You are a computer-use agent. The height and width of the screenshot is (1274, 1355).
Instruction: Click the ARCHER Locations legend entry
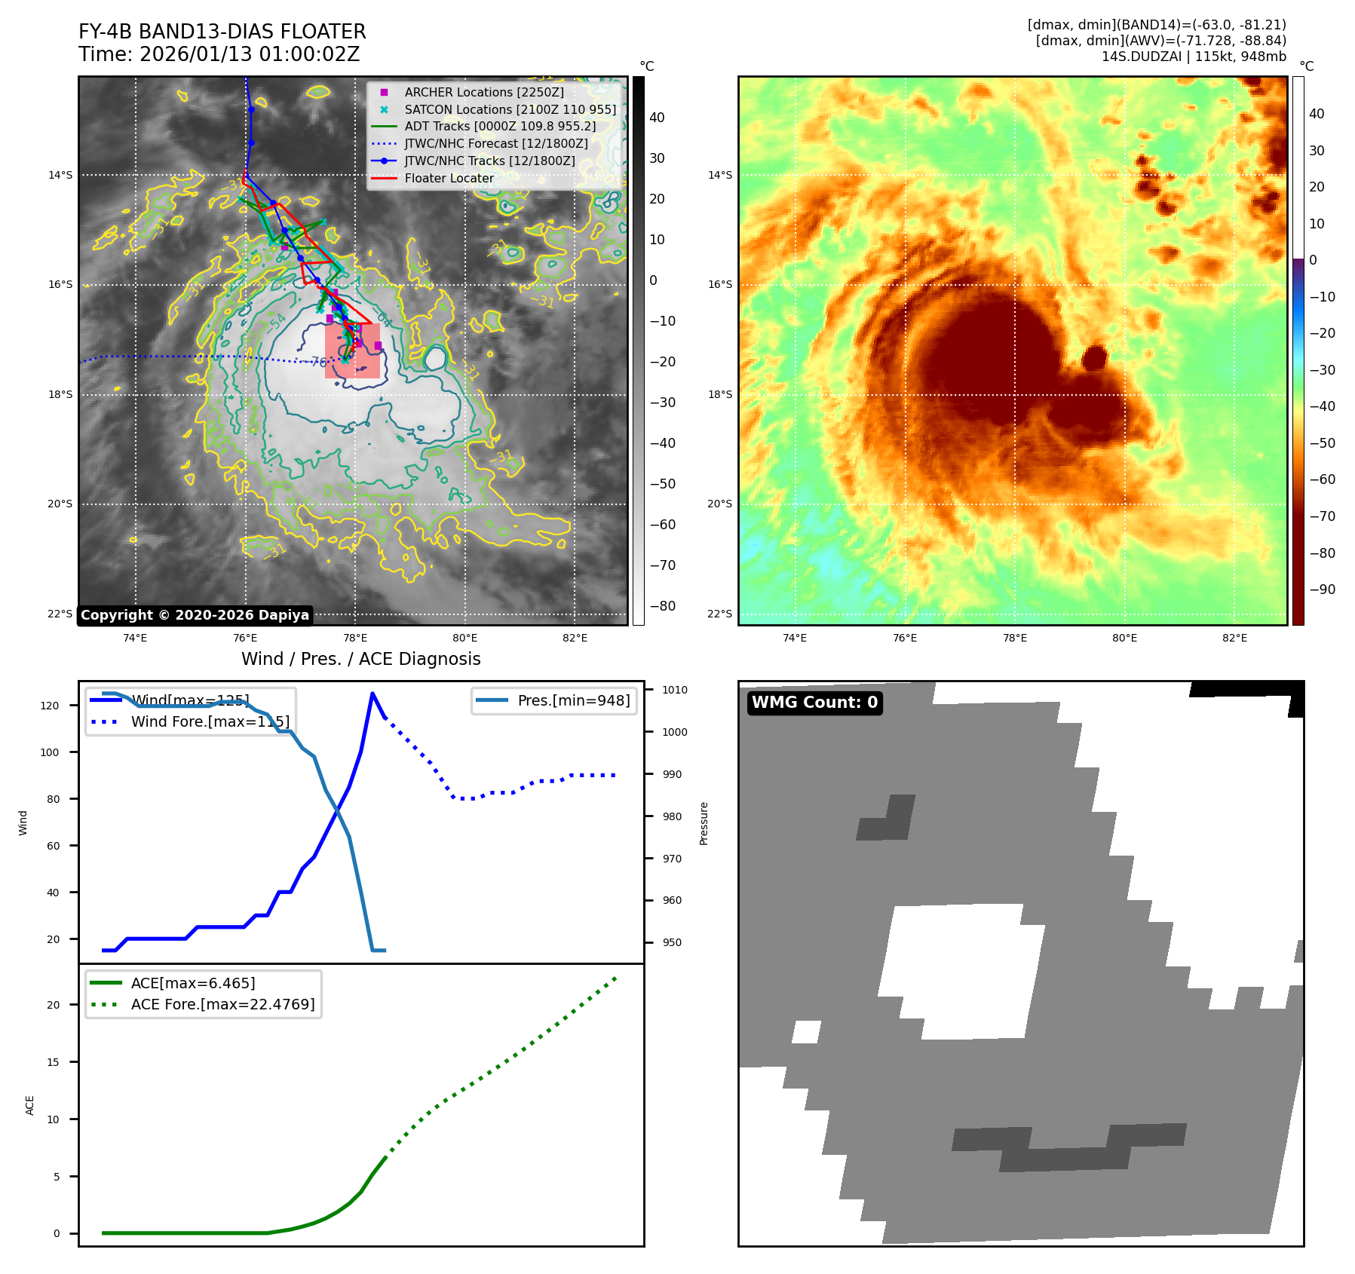point(483,92)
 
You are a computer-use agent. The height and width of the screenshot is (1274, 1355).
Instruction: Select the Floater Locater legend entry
point(449,179)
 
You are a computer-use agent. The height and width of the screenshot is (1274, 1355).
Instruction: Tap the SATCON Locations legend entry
point(510,109)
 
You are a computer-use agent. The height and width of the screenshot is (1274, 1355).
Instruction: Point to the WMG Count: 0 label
point(814,703)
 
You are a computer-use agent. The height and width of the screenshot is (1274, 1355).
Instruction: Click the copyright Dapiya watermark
point(195,615)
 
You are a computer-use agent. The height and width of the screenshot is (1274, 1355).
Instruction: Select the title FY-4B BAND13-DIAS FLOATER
point(222,32)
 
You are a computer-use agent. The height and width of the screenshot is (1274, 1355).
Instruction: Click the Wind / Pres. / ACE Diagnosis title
point(360,659)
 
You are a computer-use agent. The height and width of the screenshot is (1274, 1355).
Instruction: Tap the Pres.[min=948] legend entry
point(573,700)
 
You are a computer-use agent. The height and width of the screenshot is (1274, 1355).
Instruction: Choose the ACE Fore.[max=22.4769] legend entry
point(222,1004)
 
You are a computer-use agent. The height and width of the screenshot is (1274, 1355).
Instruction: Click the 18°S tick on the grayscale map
point(60,395)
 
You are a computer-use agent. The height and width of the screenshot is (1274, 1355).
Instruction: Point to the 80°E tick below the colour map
point(1124,638)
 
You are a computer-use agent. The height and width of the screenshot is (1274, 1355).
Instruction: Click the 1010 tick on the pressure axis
point(674,690)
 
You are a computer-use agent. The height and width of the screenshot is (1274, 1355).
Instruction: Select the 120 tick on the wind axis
point(50,706)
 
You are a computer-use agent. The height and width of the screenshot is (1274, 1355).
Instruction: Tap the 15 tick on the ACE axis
point(53,1062)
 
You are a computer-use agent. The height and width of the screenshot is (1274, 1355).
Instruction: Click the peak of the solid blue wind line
point(372,694)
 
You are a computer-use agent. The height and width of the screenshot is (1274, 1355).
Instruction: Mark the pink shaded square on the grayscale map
point(352,351)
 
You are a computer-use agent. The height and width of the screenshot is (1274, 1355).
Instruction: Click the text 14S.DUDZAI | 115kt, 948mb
point(1194,57)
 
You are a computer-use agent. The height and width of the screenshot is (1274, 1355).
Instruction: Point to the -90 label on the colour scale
point(1322,590)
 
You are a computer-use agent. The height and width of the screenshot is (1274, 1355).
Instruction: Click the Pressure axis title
point(704,823)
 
